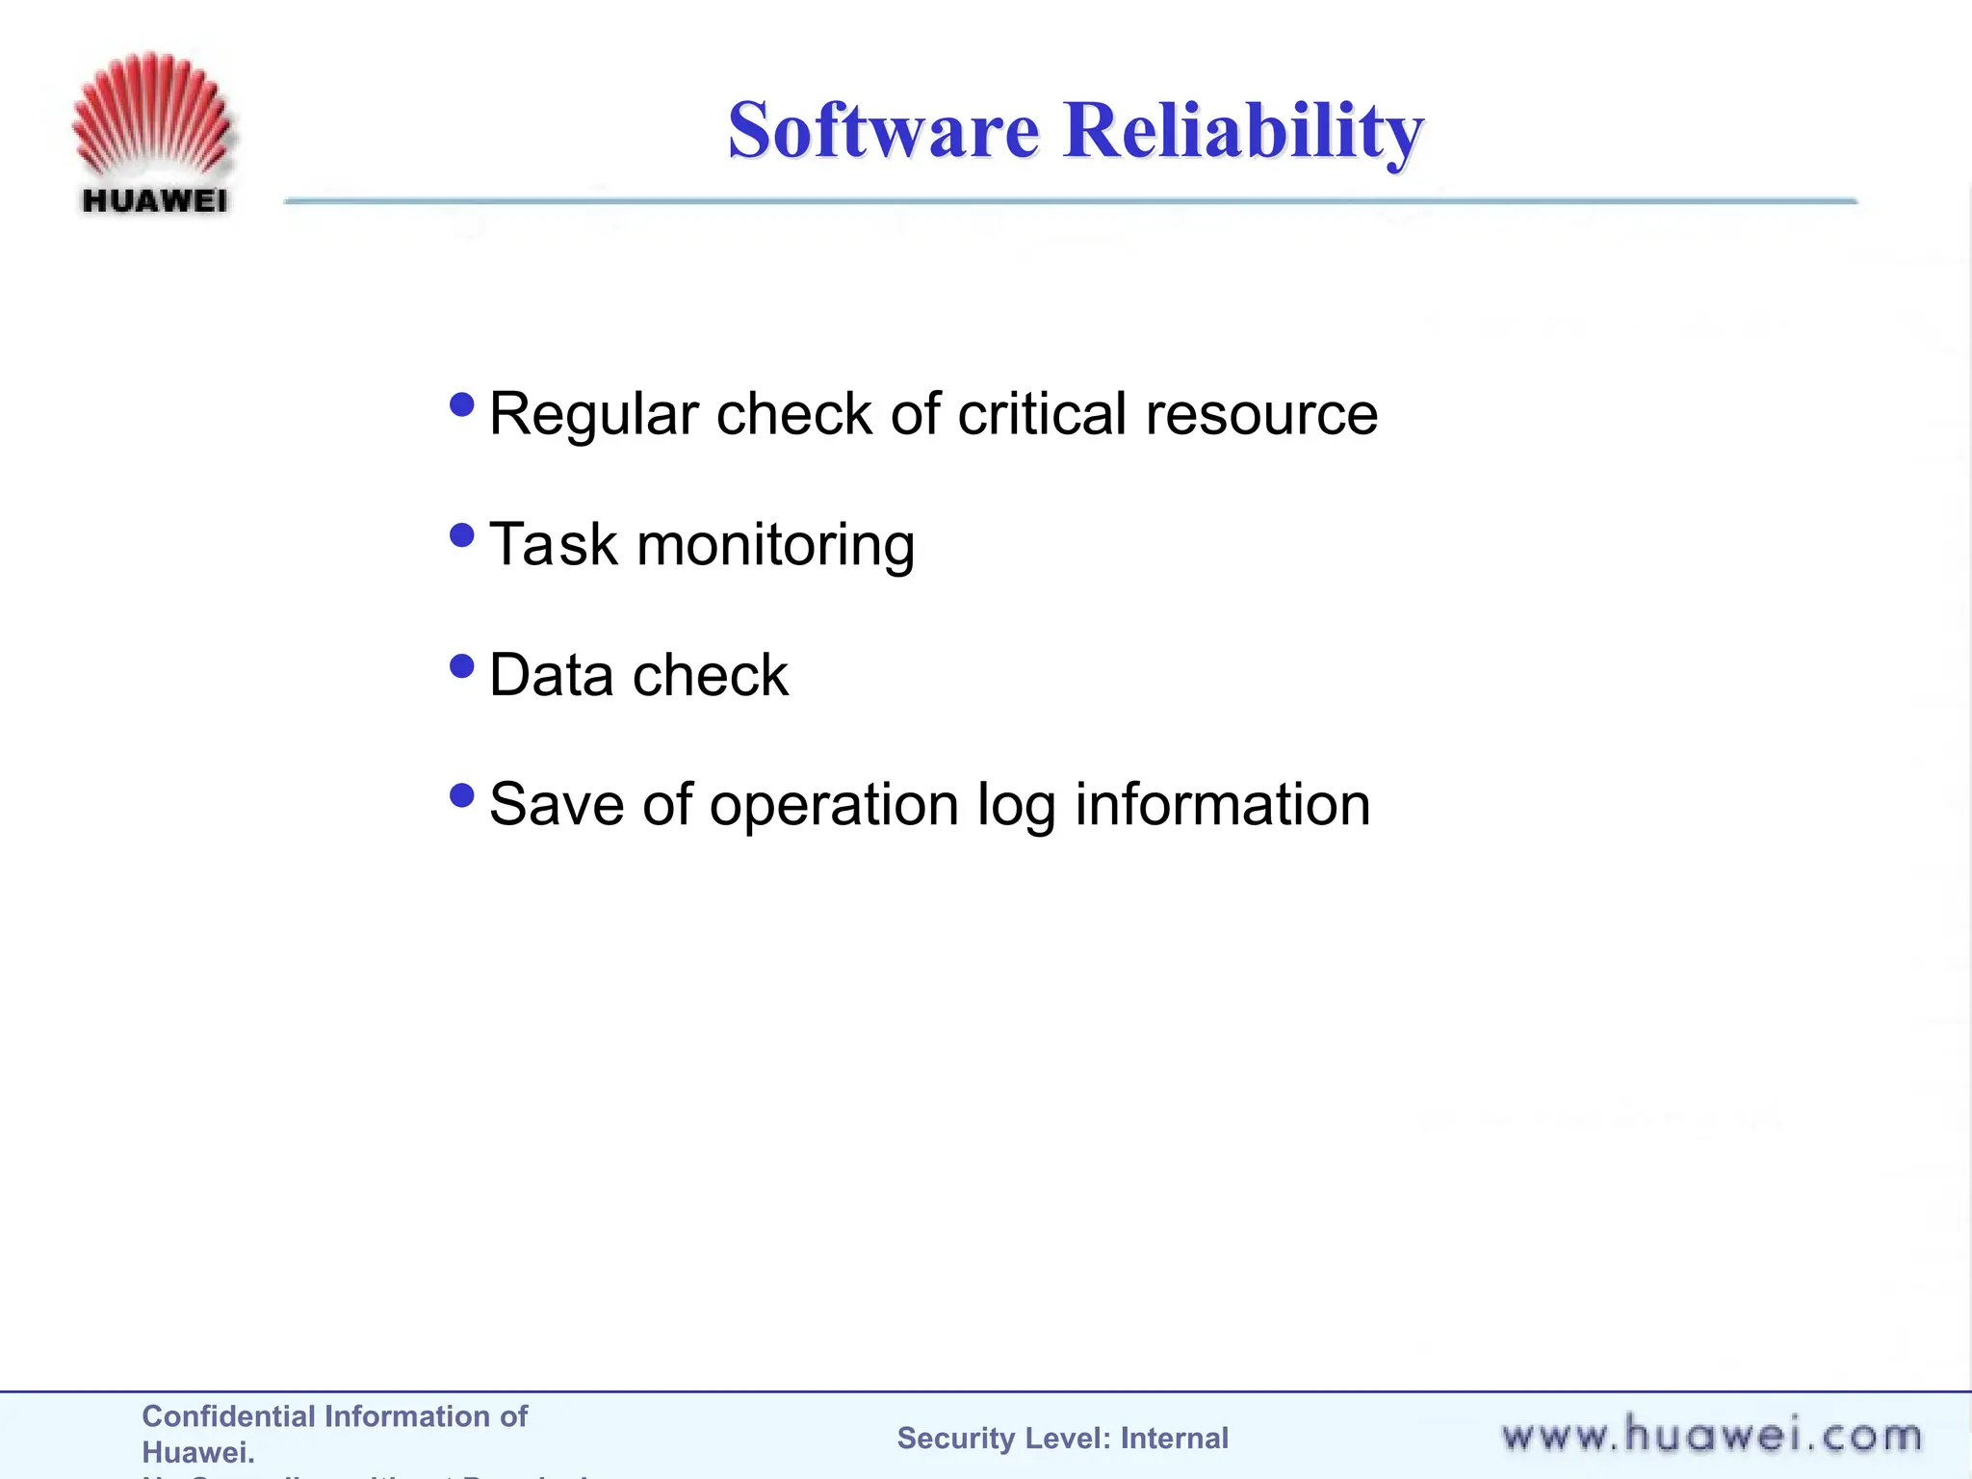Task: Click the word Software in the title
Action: [x=883, y=131]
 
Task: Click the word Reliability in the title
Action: [x=1242, y=131]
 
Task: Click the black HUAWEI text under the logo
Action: [x=155, y=201]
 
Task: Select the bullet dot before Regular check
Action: [x=462, y=403]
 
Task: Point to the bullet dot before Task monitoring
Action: [x=462, y=534]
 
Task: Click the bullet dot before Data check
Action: [x=462, y=665]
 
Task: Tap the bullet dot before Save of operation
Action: [x=462, y=795]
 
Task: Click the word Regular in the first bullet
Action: [x=593, y=416]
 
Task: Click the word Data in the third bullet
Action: [x=551, y=675]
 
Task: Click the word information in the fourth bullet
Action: [x=1222, y=805]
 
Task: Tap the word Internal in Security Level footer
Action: [x=1174, y=1439]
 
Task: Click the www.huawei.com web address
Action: [x=1711, y=1436]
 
